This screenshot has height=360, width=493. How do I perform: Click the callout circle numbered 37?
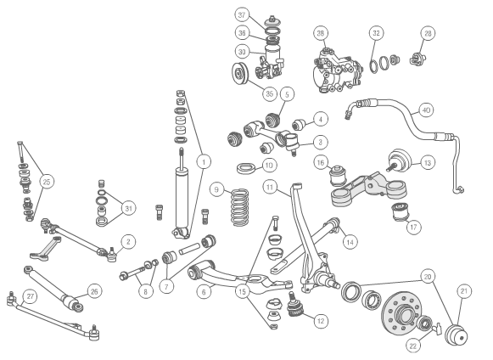pyautogui.click(x=243, y=15)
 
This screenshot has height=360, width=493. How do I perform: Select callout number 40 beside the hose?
pyautogui.click(x=426, y=110)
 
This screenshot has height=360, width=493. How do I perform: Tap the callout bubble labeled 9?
pyautogui.click(x=217, y=188)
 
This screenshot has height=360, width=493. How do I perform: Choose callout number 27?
pyautogui.click(x=31, y=296)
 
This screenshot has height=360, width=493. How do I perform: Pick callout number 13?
pyautogui.click(x=427, y=161)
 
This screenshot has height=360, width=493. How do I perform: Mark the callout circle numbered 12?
pyautogui.click(x=320, y=321)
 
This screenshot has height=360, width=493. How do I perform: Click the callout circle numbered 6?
pyautogui.click(x=204, y=291)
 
